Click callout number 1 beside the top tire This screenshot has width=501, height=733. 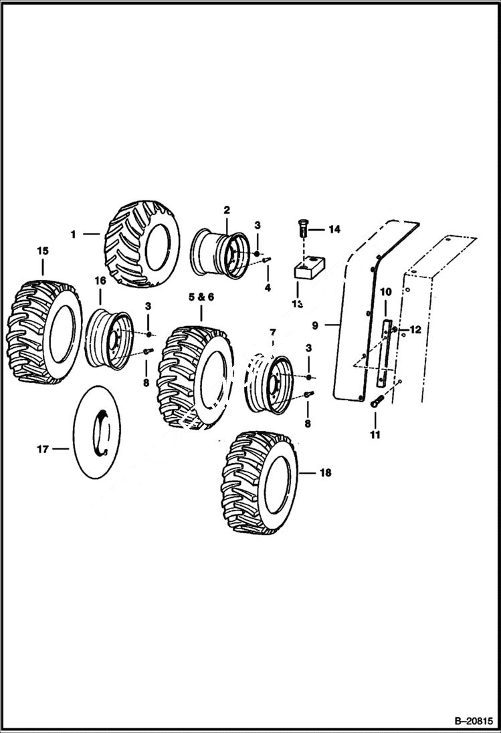pyautogui.click(x=73, y=234)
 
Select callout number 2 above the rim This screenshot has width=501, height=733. pyautogui.click(x=227, y=210)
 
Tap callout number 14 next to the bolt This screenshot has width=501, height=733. pyautogui.click(x=333, y=229)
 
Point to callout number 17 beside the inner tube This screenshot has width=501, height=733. pyautogui.click(x=43, y=450)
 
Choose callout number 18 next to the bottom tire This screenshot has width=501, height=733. pyautogui.click(x=325, y=472)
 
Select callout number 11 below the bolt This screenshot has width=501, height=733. pyautogui.click(x=375, y=435)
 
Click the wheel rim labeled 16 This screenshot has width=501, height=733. pyautogui.click(x=109, y=339)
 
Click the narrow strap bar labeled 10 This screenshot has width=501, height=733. pyautogui.click(x=385, y=354)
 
